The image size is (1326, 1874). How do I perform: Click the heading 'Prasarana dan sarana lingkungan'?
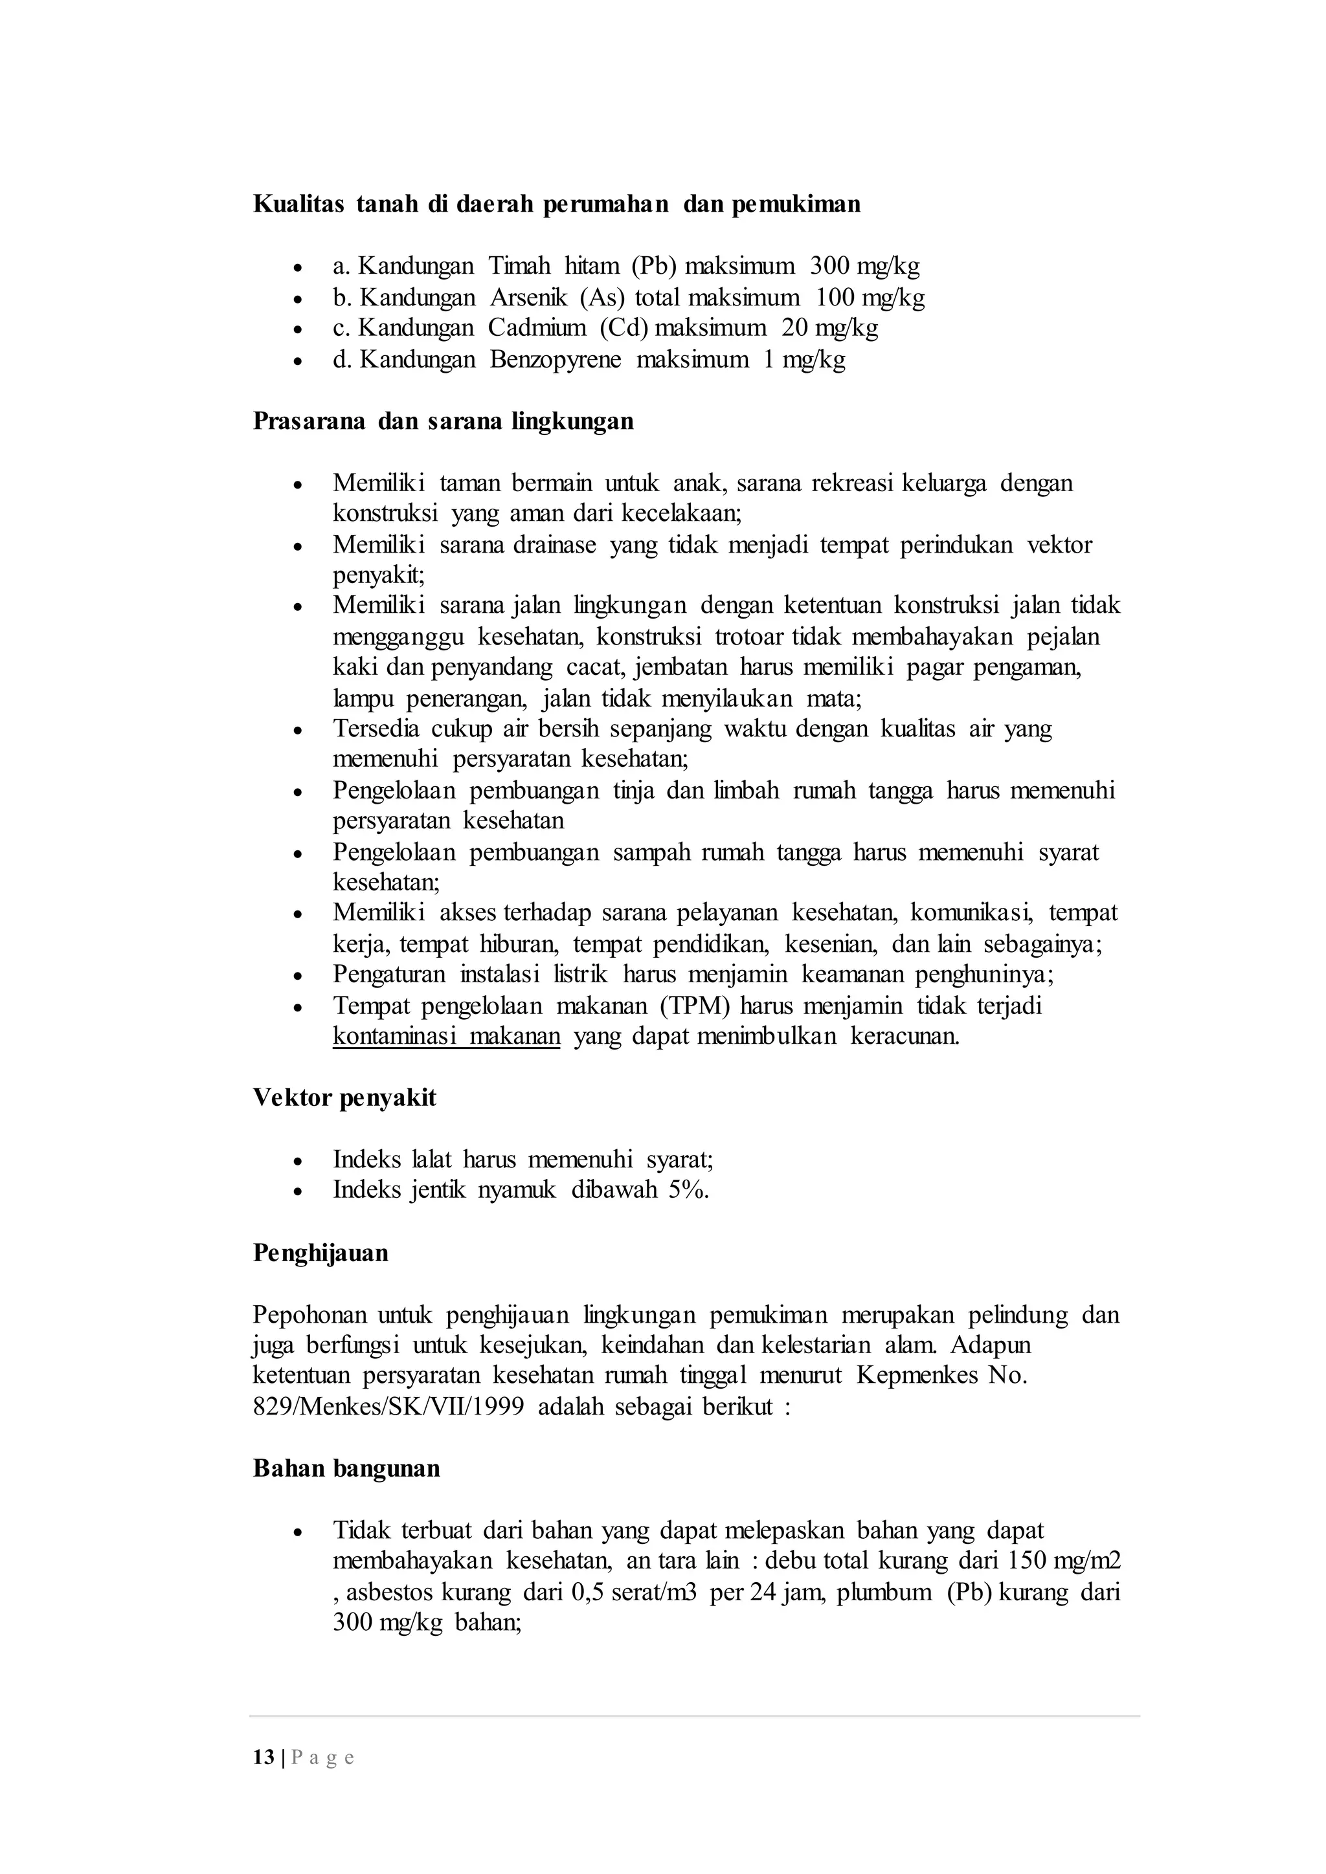pyautogui.click(x=443, y=421)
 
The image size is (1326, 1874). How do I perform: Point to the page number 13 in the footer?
pyautogui.click(x=263, y=1758)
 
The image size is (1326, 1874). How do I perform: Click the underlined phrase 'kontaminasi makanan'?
pyautogui.click(x=446, y=1037)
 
